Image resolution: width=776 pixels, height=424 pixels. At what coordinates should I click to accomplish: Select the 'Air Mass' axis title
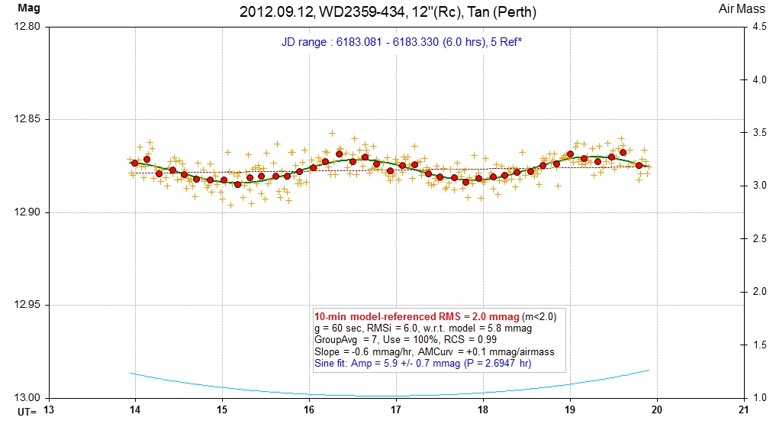[x=737, y=10]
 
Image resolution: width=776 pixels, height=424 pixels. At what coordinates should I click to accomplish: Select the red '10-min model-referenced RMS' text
[x=417, y=316]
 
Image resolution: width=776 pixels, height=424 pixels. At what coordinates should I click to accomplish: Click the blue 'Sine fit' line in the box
[x=422, y=363]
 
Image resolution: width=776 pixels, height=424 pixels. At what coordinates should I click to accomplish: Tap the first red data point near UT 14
[x=134, y=163]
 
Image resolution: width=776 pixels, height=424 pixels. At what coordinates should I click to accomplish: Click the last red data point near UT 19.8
[x=639, y=165]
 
